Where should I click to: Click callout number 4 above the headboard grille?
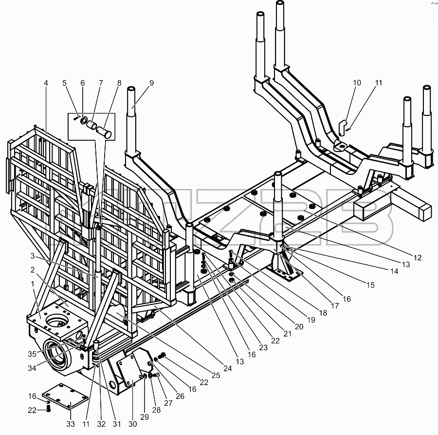click(46, 83)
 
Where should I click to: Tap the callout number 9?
click(151, 83)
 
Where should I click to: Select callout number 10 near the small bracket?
click(357, 83)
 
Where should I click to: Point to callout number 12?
click(418, 258)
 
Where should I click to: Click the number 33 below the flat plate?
click(71, 424)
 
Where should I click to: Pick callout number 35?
click(32, 354)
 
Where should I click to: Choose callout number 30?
click(133, 424)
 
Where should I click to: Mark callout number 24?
click(228, 368)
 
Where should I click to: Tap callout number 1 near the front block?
click(33, 284)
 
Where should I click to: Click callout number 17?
click(335, 306)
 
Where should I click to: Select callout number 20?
click(299, 326)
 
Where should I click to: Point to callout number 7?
click(101, 83)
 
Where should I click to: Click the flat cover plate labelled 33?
click(65, 397)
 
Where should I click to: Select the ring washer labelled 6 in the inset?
click(84, 121)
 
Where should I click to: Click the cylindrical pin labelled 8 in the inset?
click(104, 132)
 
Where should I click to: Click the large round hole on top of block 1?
click(57, 321)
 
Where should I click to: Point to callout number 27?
click(168, 403)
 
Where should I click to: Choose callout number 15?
click(370, 285)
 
